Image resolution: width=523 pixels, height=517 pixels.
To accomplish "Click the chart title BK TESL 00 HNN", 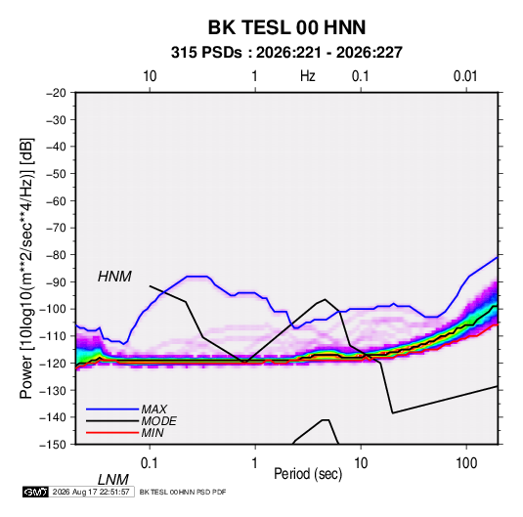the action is click(x=286, y=27).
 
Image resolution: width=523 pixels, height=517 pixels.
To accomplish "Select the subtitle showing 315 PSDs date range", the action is click(x=286, y=53).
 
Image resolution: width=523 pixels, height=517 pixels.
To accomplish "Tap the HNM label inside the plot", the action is click(x=114, y=277).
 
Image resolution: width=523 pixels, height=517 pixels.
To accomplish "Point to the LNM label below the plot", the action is click(x=112, y=480).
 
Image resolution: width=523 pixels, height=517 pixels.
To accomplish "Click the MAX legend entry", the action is click(x=153, y=409).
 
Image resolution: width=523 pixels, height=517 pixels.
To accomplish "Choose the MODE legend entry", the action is click(x=158, y=421).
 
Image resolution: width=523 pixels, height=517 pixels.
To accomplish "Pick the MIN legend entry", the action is click(x=153, y=433).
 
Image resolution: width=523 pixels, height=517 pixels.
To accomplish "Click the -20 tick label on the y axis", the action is click(x=56, y=93).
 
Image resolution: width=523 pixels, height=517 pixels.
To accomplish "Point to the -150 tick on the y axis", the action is click(x=53, y=445).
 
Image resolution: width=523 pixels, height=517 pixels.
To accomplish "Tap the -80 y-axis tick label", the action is click(x=56, y=255).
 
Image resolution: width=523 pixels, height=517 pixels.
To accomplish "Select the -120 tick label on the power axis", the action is click(x=53, y=363).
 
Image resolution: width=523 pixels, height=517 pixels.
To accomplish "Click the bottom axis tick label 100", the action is click(x=466, y=463).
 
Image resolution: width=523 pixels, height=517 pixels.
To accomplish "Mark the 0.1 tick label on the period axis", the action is click(x=150, y=463).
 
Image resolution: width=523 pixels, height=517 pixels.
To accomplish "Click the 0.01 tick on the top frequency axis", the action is click(x=465, y=76).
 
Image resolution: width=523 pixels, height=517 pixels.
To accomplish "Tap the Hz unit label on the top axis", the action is click(x=308, y=76).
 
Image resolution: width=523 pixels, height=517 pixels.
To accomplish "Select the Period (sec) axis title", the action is click(x=308, y=474).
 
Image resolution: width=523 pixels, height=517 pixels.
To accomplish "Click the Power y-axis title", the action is click(x=26, y=268).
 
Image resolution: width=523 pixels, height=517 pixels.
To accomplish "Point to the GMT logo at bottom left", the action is click(x=35, y=492).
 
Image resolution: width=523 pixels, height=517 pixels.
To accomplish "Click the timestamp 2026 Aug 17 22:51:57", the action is click(x=91, y=492).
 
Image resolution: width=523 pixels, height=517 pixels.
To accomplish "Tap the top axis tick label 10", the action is click(x=150, y=76).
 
